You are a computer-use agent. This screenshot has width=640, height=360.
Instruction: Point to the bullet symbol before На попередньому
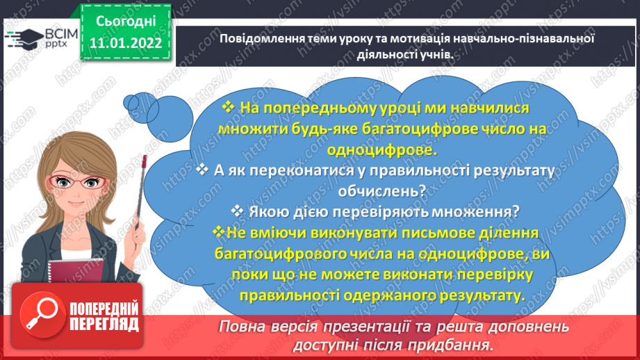tap(228, 109)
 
